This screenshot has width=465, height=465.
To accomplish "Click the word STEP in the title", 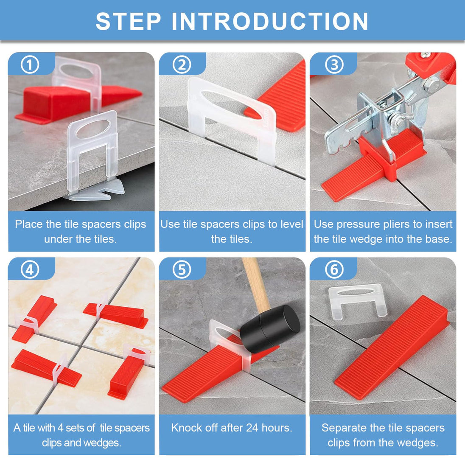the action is pos(129,21).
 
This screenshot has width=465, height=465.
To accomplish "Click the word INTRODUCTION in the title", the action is pos(270,21).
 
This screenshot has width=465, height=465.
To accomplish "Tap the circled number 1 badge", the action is pos(30,65).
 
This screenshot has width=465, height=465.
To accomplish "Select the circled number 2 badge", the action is pos(182,65).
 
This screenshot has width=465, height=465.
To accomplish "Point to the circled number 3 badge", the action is pos(334,65).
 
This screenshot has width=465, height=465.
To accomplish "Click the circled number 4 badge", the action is pos(30,269).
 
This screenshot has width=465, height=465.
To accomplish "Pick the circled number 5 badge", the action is pos(182,269).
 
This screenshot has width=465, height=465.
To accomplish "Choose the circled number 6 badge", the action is pos(334,269).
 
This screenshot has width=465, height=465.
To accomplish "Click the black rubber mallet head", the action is pos(270,325).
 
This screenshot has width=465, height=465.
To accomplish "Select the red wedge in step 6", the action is pos(392,347).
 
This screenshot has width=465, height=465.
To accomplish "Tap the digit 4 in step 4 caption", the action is pos(61,428).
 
